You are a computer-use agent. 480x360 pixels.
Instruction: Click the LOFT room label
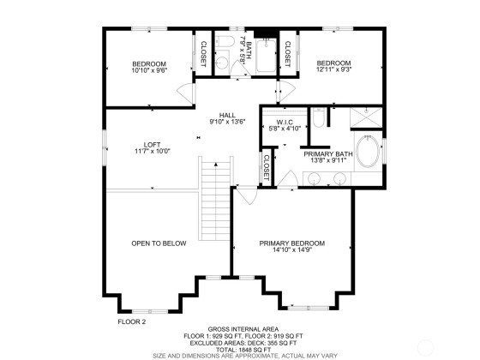point(153,145)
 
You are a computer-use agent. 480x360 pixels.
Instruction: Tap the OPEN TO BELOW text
point(159,243)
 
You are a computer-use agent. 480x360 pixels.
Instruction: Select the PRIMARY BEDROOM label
point(292,243)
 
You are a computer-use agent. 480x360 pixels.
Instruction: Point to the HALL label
point(227,115)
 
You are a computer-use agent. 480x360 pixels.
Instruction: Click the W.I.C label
point(285,122)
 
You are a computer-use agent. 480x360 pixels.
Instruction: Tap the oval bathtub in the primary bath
point(368,152)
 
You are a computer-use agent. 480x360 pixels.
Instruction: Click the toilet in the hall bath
point(223,42)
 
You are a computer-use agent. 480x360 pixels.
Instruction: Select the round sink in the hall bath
point(222,63)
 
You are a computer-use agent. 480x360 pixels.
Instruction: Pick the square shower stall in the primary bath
point(366,117)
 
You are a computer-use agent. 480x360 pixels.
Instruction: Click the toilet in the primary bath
point(318,118)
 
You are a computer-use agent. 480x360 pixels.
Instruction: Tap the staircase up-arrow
point(216,165)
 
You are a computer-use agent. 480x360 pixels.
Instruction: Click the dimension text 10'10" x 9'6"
point(149,70)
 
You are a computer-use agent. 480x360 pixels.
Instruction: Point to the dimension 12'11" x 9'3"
point(333,69)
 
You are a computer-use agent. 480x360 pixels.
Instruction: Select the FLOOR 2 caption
point(132,321)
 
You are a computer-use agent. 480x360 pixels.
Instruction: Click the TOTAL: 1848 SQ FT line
point(243,350)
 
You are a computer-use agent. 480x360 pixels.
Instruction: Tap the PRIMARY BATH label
point(328,154)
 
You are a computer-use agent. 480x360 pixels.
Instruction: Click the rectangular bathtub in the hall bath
point(266,56)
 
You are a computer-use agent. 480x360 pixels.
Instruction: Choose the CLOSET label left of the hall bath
point(203,54)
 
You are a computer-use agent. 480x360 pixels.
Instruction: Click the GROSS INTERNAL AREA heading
point(243,329)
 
